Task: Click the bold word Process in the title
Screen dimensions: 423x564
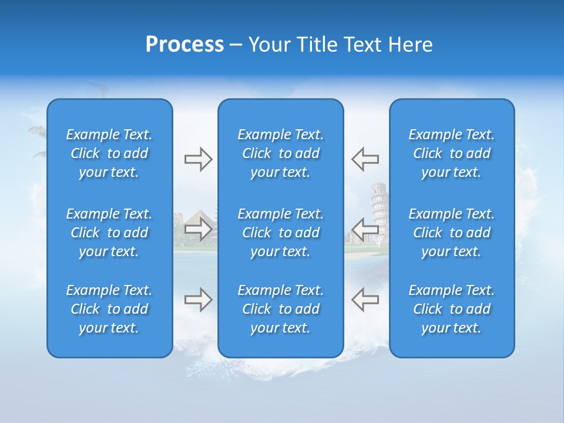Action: pos(184,45)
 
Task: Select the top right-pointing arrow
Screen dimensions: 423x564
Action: pos(198,159)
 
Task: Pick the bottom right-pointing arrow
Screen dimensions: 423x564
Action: pos(198,300)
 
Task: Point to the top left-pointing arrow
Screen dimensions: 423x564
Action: pos(365,159)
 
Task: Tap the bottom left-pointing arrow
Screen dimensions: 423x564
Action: pos(365,300)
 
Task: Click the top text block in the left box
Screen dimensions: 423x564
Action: pos(109,153)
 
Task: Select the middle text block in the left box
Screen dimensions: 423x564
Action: pos(109,233)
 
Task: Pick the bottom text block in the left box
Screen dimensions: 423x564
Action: pos(109,309)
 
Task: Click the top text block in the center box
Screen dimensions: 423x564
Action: pos(280,153)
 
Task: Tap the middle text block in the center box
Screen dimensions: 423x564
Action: pos(280,233)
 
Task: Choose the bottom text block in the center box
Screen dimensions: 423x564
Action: pos(280,309)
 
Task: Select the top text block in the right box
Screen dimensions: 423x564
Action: pos(452,153)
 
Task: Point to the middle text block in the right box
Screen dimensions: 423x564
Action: pos(452,233)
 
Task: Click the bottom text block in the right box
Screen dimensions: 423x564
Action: pos(452,309)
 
